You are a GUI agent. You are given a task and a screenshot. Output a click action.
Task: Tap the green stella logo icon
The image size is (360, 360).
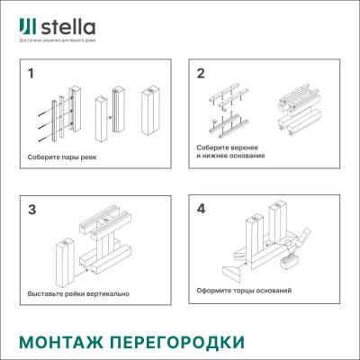pos(27,24)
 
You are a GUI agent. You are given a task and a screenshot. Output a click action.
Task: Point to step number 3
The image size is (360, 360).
pos(31,210)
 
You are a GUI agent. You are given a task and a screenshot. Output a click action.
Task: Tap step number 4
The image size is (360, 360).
pos(201,209)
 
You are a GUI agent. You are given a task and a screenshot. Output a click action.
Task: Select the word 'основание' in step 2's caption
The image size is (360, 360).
pos(244,156)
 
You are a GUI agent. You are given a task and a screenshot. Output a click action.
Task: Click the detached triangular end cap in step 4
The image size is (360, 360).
pos(229,271)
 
